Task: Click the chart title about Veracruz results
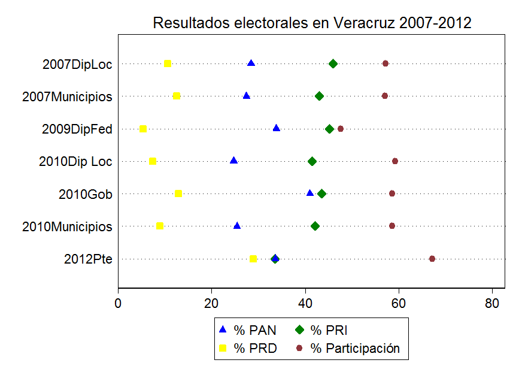click(x=312, y=23)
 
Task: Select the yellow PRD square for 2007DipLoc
click(x=168, y=63)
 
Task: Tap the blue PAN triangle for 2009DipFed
click(x=276, y=128)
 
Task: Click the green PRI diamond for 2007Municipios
click(x=319, y=96)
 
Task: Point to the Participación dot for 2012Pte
click(x=432, y=259)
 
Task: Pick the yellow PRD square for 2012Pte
click(x=253, y=259)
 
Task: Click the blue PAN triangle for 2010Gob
click(x=309, y=193)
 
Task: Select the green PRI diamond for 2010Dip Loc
click(x=312, y=161)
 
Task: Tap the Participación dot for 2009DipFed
click(x=341, y=129)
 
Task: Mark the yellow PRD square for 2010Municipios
click(x=160, y=226)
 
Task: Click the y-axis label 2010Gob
click(x=86, y=194)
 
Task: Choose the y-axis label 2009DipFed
click(x=77, y=129)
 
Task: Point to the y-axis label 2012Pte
click(x=88, y=259)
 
